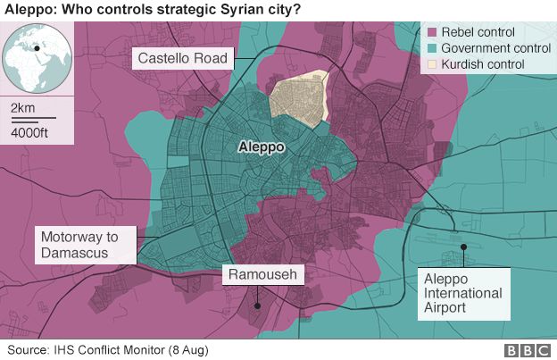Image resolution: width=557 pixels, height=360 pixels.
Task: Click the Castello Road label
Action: tap(183, 60)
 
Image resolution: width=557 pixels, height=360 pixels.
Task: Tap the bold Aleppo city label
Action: tap(261, 146)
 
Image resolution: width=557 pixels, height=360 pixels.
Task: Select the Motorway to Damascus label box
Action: tap(85, 245)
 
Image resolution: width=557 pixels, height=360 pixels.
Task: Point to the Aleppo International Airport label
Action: tap(462, 293)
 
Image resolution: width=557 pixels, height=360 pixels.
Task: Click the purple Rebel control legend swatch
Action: tap(430, 32)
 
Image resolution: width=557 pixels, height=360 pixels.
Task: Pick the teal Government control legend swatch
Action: tap(430, 48)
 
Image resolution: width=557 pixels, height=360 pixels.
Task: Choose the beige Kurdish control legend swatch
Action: tap(430, 64)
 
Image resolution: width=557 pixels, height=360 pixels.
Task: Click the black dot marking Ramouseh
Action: tap(257, 305)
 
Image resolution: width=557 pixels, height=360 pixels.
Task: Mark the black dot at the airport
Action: tap(462, 247)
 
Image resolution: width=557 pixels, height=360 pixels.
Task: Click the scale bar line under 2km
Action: tap(33, 118)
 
